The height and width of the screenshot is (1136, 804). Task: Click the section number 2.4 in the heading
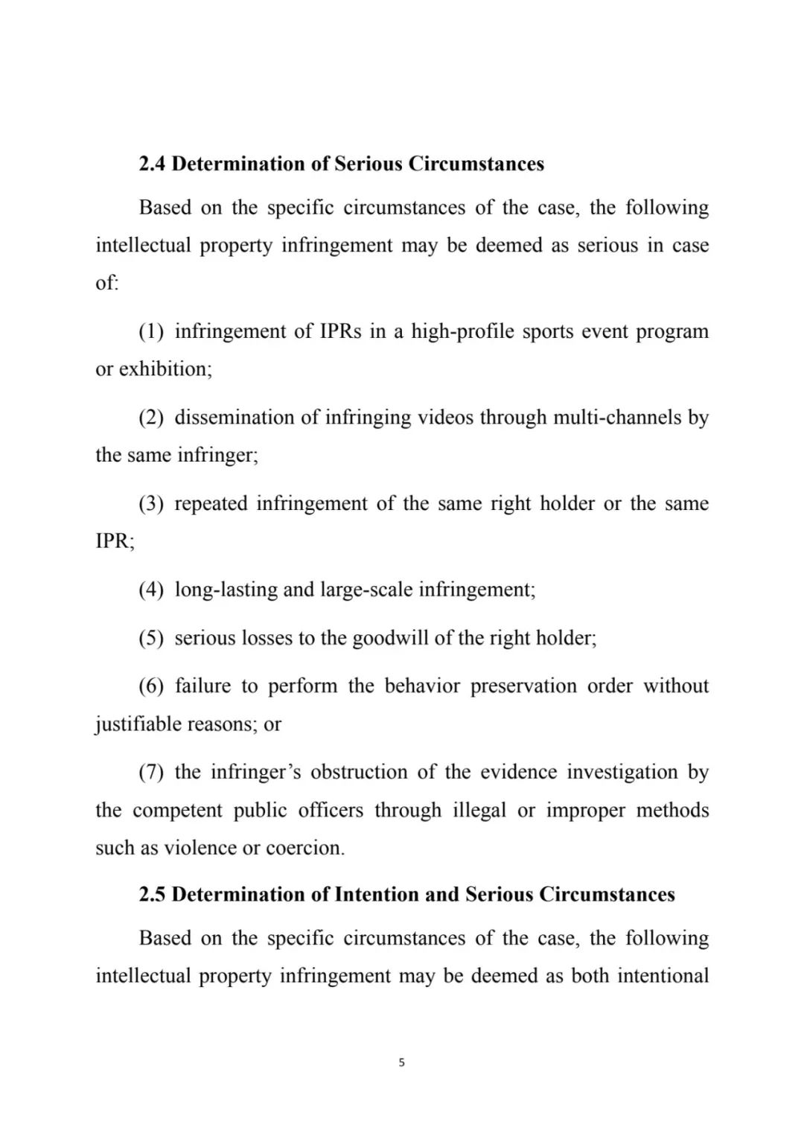152,164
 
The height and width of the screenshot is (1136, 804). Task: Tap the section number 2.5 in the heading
152,894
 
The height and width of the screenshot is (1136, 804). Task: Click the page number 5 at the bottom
402,1062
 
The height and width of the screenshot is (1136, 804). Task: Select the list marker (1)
151,331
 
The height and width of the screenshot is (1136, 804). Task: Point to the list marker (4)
151,590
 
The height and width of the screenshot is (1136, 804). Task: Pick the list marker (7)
151,772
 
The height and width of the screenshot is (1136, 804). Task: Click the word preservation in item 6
523,686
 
